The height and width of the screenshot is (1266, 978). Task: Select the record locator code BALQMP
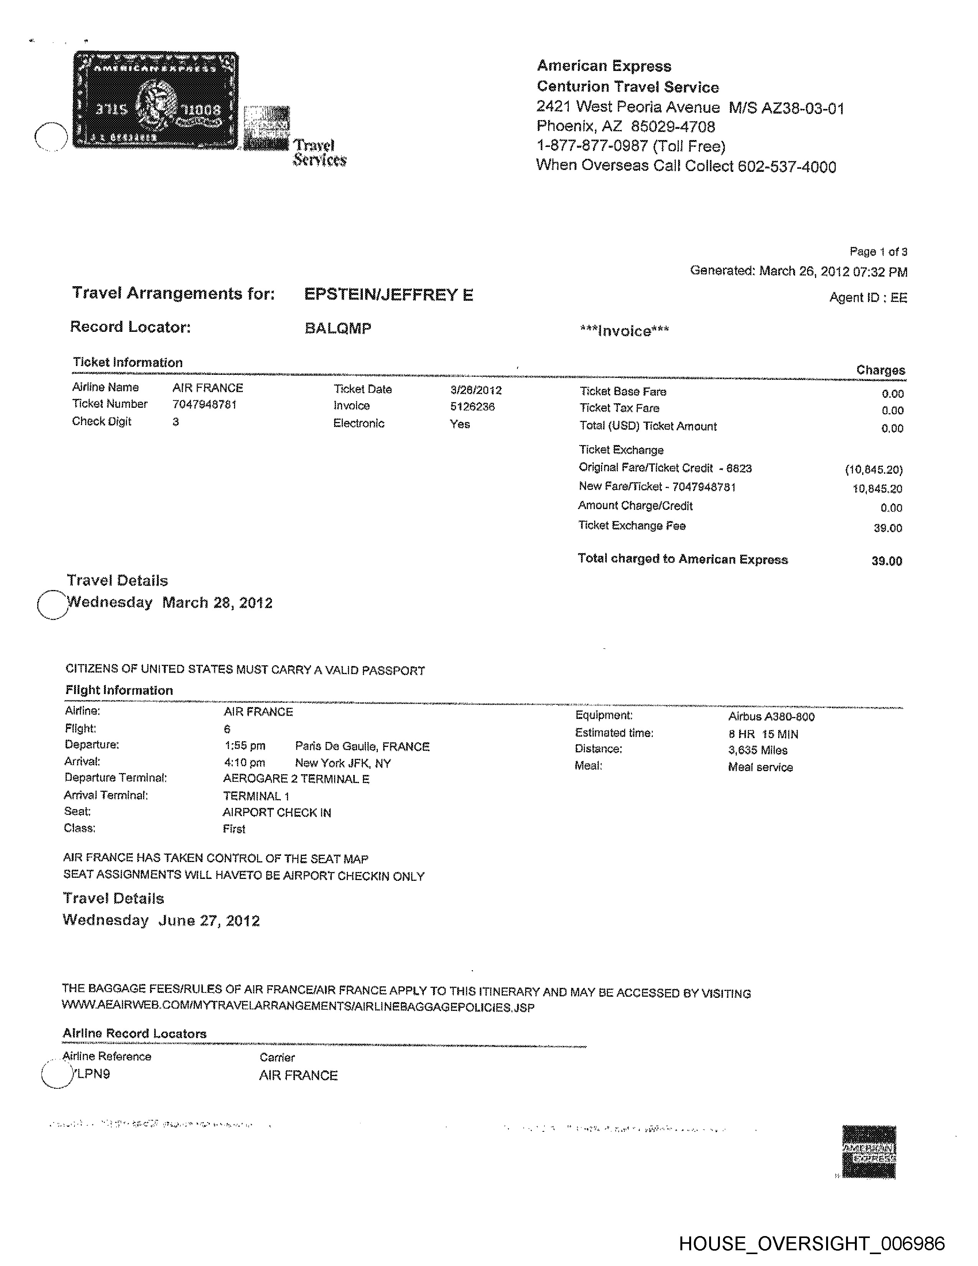[338, 328]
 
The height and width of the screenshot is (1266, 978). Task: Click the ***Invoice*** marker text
[624, 331]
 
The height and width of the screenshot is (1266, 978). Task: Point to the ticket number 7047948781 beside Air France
[204, 404]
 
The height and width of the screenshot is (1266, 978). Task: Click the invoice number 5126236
[472, 406]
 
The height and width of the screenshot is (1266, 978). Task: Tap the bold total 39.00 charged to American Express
[886, 560]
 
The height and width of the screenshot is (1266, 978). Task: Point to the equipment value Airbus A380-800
[771, 717]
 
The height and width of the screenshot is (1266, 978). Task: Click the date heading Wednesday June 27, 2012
[161, 920]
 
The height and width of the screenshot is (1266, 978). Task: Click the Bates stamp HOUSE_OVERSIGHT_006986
[811, 1243]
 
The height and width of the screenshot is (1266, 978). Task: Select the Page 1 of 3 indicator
[878, 252]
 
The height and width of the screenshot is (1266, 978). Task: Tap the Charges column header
[880, 370]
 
